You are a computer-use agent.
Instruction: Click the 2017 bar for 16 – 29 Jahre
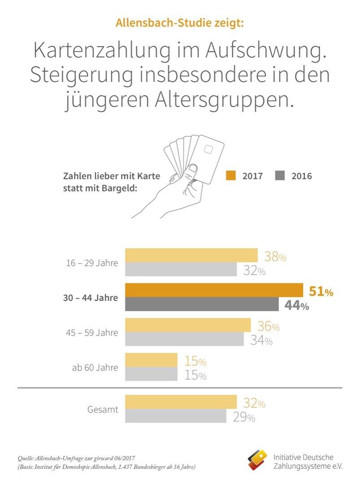tap(191, 255)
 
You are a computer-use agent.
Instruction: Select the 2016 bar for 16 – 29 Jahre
tap(181, 270)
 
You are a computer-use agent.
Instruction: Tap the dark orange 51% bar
tap(214, 290)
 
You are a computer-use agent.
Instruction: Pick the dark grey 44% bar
tap(202, 304)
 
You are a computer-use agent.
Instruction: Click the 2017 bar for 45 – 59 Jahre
tap(188, 325)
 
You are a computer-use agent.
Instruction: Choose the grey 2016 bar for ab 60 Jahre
tap(151, 374)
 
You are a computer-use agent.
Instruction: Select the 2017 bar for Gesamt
tap(181, 402)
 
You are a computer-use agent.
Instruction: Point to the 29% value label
tap(244, 417)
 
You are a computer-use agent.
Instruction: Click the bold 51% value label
tap(321, 292)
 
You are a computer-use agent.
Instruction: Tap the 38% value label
tap(275, 257)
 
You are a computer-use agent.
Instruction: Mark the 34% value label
tap(261, 340)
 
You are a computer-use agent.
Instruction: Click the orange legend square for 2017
tap(231, 176)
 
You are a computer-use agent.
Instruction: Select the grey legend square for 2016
tap(280, 176)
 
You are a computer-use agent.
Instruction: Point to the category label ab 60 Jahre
tap(95, 368)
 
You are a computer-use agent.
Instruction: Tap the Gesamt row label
tap(103, 409)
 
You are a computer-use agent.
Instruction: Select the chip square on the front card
tap(209, 149)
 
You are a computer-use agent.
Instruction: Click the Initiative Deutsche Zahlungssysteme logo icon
tap(258, 460)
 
